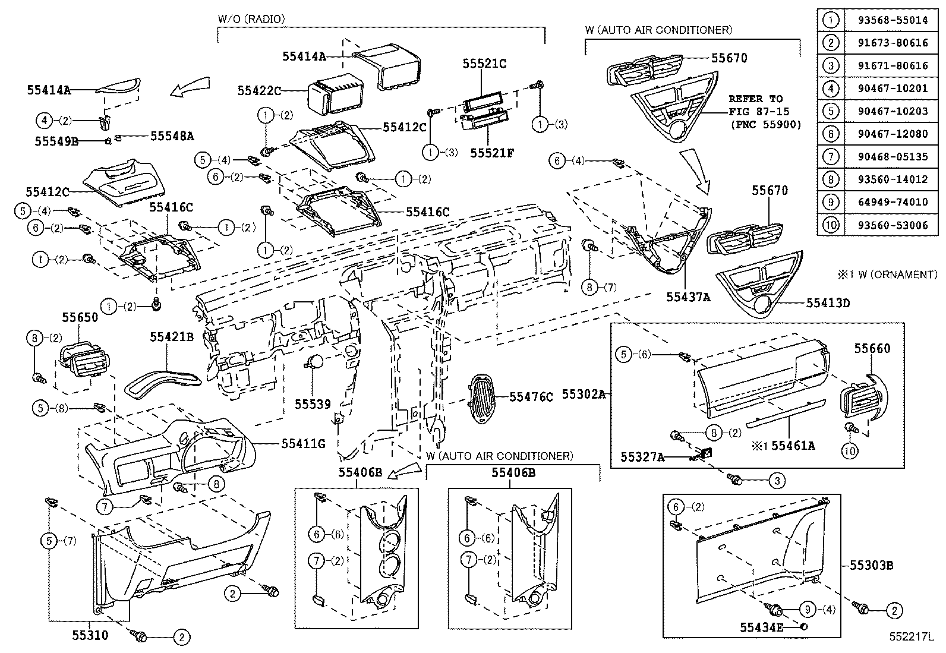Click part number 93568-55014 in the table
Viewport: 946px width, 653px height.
pos(893,20)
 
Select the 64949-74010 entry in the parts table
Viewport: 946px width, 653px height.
pos(893,202)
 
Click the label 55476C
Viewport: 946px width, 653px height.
pos(531,397)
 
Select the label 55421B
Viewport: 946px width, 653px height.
pos(172,337)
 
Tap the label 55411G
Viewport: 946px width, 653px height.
pos(303,444)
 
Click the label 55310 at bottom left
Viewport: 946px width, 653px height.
pos(90,635)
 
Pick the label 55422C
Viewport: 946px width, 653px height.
pos(259,90)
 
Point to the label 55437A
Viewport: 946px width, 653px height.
pos(688,297)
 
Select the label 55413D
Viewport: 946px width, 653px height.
pos(828,303)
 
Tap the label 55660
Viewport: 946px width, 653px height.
pos(872,349)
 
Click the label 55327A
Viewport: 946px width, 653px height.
pos(642,457)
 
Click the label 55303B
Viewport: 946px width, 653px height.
pos(872,566)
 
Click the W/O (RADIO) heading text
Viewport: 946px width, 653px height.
pos(251,19)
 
